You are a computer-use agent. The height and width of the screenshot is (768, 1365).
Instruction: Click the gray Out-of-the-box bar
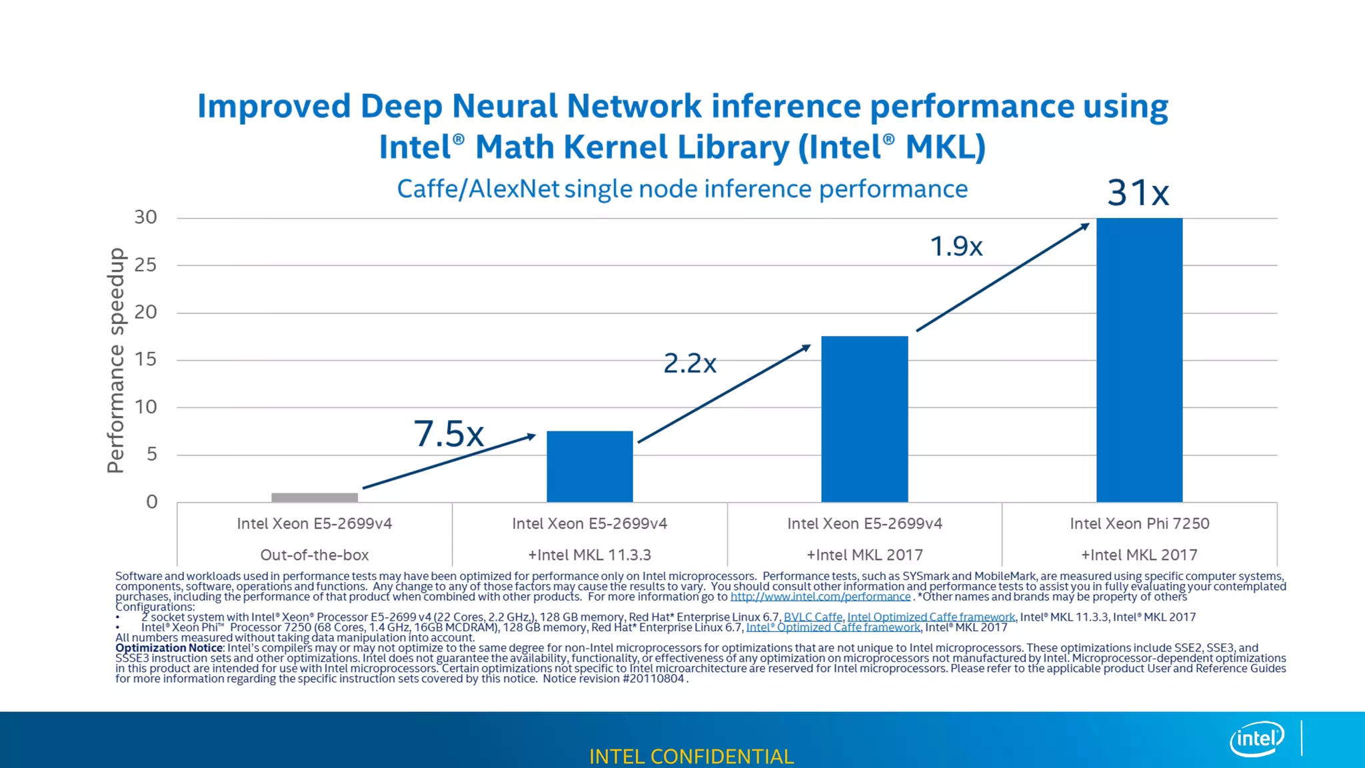point(315,497)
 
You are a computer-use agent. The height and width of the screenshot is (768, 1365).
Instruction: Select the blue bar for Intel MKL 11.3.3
point(590,466)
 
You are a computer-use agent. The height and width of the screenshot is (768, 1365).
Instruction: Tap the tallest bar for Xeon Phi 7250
point(1139,360)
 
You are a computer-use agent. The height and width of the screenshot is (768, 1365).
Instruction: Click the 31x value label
point(1138,193)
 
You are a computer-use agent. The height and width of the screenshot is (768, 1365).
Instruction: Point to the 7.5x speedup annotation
point(449,434)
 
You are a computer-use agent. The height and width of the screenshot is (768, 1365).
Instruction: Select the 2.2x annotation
point(690,363)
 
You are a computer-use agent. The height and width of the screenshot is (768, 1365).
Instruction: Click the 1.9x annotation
point(956,247)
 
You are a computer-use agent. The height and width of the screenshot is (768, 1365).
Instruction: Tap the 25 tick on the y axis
point(146,265)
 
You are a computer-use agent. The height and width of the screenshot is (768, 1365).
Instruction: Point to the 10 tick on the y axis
point(146,407)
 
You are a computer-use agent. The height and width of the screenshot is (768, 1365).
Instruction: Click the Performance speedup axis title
point(116,360)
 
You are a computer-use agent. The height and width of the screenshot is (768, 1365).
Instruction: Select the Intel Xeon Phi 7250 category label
point(1139,524)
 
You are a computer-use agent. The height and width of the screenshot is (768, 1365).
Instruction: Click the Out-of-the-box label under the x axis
point(315,555)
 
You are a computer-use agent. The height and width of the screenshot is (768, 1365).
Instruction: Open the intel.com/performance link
point(820,597)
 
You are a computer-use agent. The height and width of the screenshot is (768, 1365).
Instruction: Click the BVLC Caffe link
point(812,617)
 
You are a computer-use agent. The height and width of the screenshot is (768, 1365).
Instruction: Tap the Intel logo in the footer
point(1256,739)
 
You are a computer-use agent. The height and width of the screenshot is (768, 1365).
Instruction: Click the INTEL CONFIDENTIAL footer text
point(691,757)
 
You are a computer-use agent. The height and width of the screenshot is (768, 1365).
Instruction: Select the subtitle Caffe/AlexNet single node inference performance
point(682,189)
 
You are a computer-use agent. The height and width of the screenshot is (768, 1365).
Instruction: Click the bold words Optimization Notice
point(169,648)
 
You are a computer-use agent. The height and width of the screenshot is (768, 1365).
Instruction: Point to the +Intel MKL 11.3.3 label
point(590,555)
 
